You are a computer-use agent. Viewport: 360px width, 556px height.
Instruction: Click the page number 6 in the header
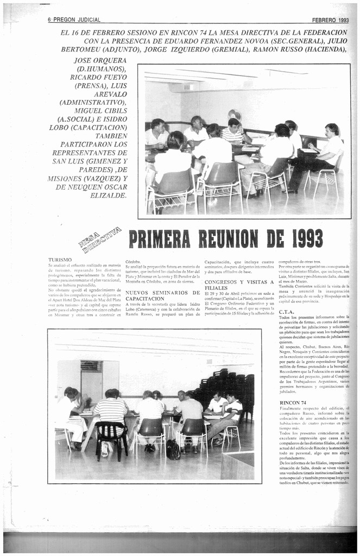[49, 20]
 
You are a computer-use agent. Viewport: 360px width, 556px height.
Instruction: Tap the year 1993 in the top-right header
[342, 20]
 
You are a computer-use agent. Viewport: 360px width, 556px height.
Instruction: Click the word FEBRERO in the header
[324, 20]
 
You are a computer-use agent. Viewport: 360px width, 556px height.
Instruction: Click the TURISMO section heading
[60, 260]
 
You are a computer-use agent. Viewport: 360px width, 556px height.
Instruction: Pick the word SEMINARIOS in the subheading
[165, 293]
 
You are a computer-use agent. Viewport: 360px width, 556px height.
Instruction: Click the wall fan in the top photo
[235, 115]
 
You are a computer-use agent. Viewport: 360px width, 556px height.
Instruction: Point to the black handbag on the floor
[173, 450]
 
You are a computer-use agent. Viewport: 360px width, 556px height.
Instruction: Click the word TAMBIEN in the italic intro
[111, 136]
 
